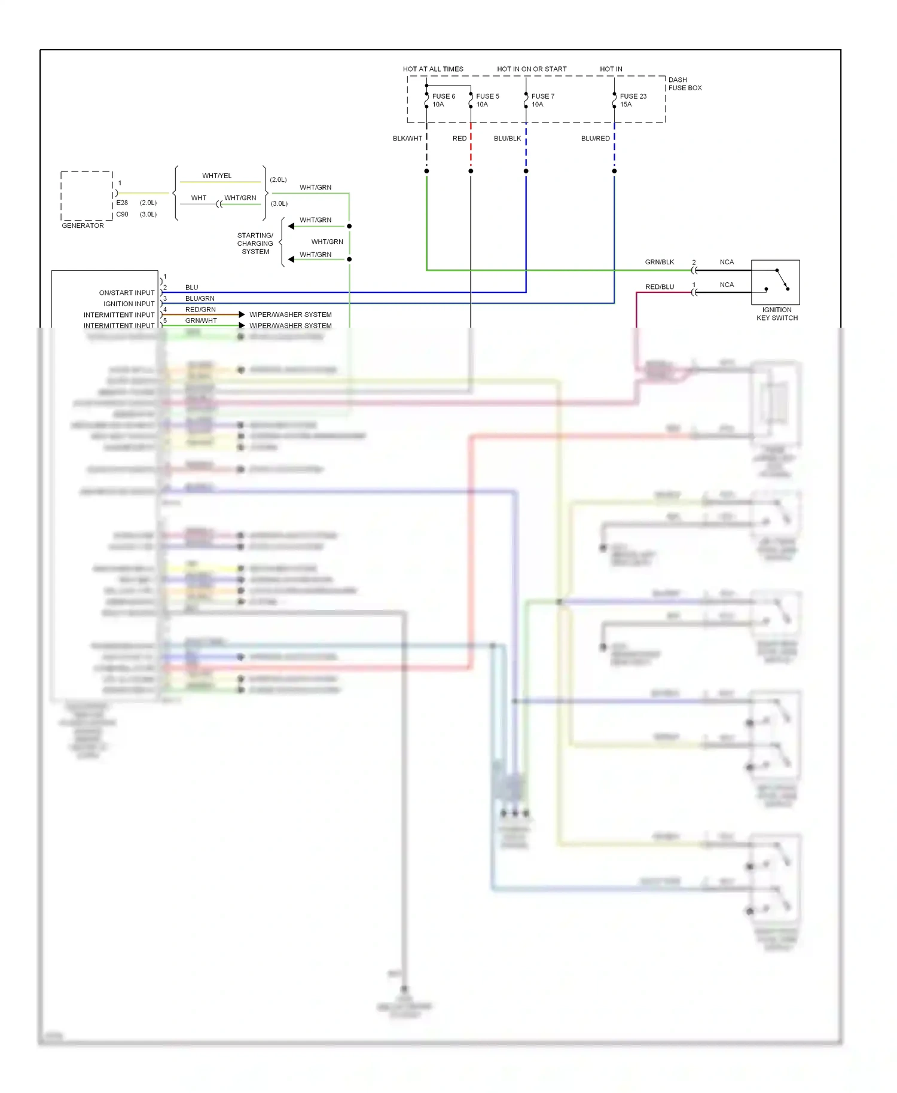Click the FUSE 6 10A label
click(443, 100)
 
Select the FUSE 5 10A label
click(487, 100)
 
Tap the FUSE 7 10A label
click(542, 100)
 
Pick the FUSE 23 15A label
click(633, 100)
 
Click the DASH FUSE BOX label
click(684, 84)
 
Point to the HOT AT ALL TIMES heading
click(433, 69)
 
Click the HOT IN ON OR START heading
click(532, 69)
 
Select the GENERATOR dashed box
click(87, 196)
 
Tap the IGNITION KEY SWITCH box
click(775, 282)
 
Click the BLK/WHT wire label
click(407, 138)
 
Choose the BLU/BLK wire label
click(507, 138)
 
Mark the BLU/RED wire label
click(595, 138)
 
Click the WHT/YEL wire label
click(216, 176)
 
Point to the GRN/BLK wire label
click(659, 262)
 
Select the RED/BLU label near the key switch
click(659, 287)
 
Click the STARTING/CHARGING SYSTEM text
click(255, 243)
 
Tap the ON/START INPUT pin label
click(127, 293)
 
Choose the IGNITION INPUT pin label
click(129, 304)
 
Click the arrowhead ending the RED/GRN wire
click(242, 315)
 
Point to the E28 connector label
click(122, 203)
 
